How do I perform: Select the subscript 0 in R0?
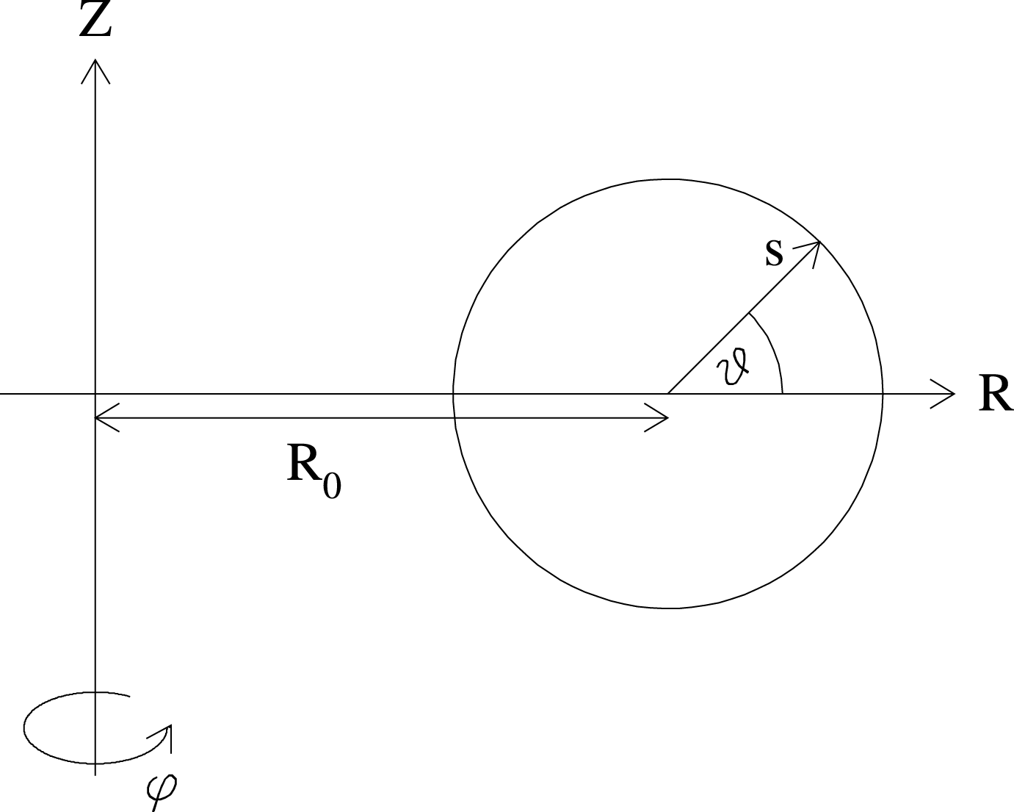tap(332, 486)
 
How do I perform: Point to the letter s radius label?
tap(774, 254)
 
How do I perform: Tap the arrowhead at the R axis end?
tap(947, 394)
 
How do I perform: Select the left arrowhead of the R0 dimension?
tap(103, 418)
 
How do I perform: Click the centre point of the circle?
tap(667, 394)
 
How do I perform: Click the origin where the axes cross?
tap(95, 394)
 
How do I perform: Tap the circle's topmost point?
tap(667, 179)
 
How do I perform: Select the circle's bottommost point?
tap(667, 608)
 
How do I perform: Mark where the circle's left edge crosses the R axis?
tap(454, 394)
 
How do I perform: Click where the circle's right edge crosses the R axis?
tap(882, 394)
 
